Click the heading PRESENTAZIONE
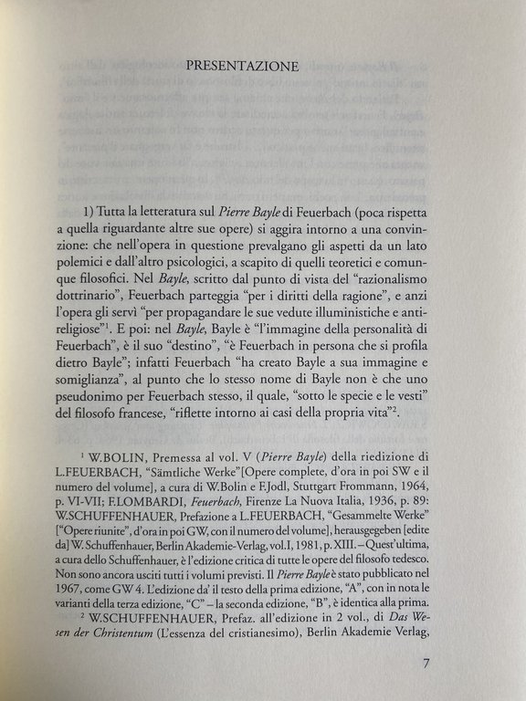[x=243, y=66]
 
